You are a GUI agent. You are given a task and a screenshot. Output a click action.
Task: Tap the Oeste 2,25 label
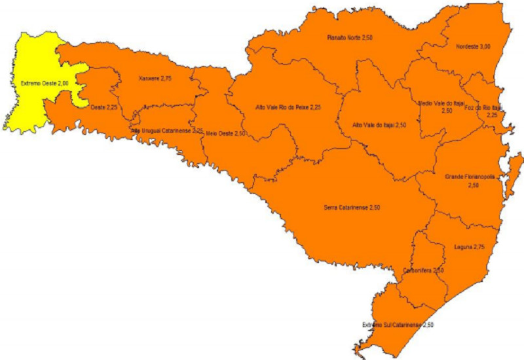click(99, 107)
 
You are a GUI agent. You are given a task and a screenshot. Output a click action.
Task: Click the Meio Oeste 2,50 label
click(225, 133)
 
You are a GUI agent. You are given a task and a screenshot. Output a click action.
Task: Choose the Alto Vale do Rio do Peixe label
click(288, 106)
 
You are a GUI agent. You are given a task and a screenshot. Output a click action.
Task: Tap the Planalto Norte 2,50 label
click(350, 38)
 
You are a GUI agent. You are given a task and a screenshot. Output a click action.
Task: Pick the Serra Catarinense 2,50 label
click(352, 207)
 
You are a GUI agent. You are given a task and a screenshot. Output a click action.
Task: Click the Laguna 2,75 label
click(468, 247)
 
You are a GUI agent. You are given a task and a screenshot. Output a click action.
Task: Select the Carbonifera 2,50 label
click(424, 270)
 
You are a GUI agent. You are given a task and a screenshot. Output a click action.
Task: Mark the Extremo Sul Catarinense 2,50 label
click(398, 324)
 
